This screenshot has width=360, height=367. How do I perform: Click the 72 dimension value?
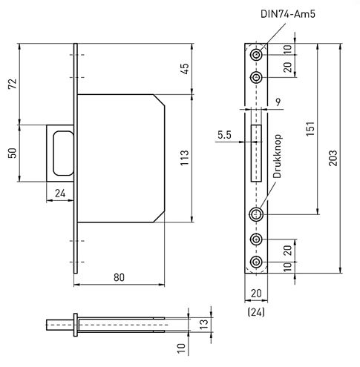[x=11, y=83]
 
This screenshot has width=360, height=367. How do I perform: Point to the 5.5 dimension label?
[x=225, y=135]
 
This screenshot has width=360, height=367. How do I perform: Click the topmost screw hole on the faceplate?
[x=256, y=55]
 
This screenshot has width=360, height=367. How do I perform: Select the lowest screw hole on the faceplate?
[x=256, y=263]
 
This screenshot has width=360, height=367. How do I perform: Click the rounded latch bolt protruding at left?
[x=60, y=152]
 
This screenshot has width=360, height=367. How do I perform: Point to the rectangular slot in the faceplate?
[x=256, y=153]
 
